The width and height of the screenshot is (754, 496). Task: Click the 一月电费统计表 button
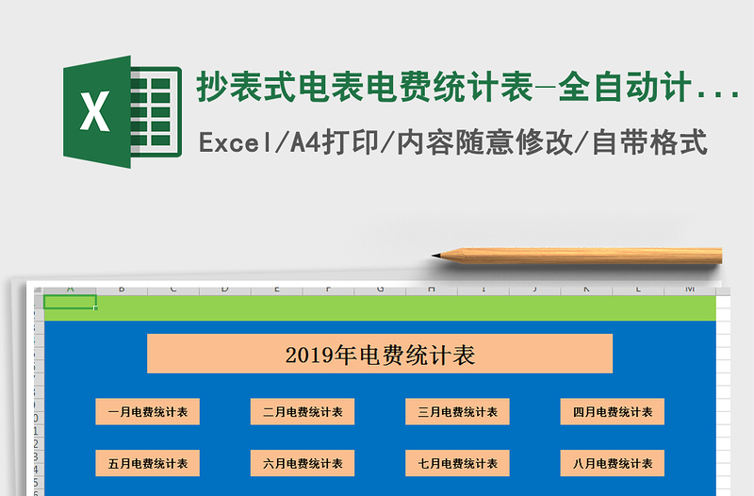pos(147,412)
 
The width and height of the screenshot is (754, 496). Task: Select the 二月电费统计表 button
pos(303,412)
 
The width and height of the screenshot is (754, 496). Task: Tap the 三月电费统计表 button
pos(458,412)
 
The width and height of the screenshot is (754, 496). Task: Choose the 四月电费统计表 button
pos(613,412)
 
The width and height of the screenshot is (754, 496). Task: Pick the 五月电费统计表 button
pos(147,463)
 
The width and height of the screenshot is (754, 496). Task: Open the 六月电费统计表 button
pos(303,463)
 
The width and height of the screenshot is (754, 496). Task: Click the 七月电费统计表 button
pos(458,463)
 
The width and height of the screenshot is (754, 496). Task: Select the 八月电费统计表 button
pos(613,463)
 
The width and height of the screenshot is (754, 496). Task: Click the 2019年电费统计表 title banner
pos(380,355)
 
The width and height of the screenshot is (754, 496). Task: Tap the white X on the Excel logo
pos(94,112)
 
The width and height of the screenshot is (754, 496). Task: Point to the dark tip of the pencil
pos(437,255)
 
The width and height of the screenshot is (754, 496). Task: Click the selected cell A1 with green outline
pos(70,303)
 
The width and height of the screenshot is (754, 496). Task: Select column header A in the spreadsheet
pos(70,289)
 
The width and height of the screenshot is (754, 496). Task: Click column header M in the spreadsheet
pos(689,289)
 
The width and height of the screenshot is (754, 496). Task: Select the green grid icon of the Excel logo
pos(156,112)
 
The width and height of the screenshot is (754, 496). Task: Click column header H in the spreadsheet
pos(431,289)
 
